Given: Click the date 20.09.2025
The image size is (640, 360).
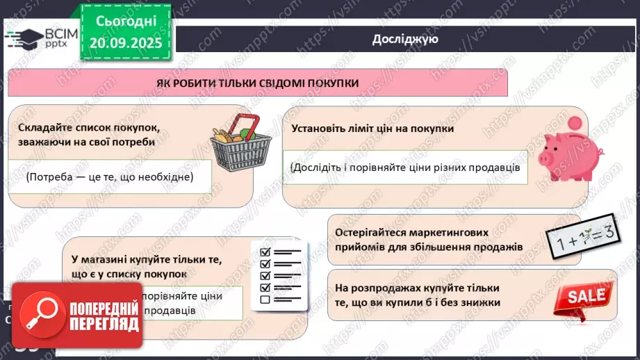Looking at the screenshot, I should click(x=126, y=43).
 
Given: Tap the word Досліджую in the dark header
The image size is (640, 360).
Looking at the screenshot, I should click(x=405, y=39).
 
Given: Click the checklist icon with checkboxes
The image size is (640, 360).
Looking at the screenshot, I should click(x=280, y=275).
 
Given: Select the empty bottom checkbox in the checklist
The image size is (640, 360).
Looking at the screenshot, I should click(x=264, y=300).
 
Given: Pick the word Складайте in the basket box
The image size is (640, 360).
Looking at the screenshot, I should click(x=44, y=128).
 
